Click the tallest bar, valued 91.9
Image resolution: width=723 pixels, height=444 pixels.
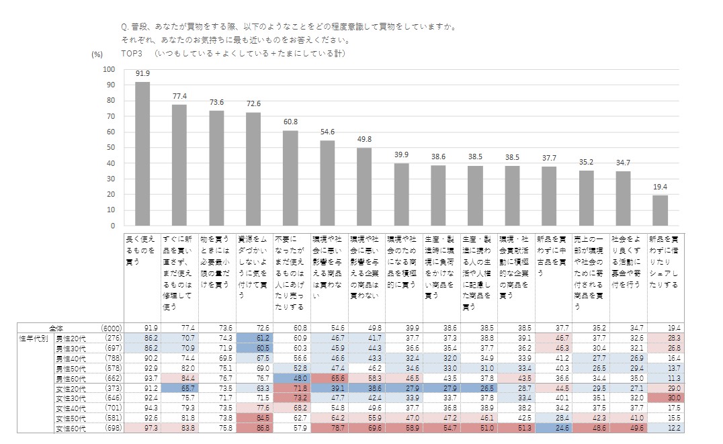click(x=142, y=153)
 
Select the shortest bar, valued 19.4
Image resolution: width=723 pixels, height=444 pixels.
click(x=660, y=210)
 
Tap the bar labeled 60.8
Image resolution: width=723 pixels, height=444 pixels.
click(x=290, y=178)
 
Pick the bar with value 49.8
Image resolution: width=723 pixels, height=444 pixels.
click(x=364, y=186)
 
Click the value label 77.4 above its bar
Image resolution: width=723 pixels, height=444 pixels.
click(x=179, y=96)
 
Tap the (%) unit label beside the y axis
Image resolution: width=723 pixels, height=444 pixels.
click(x=97, y=54)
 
